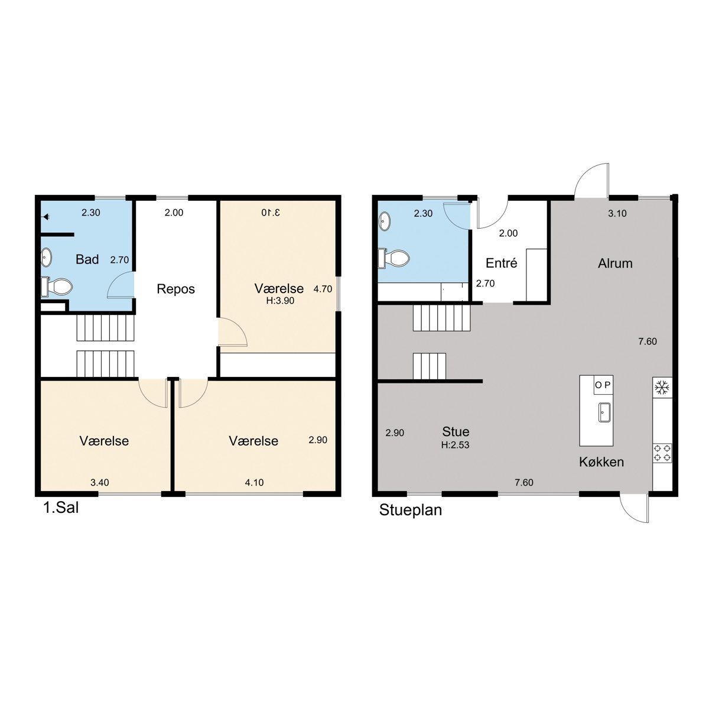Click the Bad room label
click(87, 259)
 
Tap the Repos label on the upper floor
click(175, 289)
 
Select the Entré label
click(501, 263)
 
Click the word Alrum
click(615, 264)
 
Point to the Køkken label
click(601, 462)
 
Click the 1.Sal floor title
click(61, 508)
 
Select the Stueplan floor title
click(410, 510)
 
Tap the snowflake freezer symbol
click(662, 388)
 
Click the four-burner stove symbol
click(662, 453)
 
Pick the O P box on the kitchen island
click(603, 385)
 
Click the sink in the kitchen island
click(604, 412)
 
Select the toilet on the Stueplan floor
click(393, 258)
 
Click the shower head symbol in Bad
click(46, 217)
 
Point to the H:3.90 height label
click(281, 301)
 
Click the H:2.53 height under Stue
click(455, 445)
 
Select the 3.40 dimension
click(100, 482)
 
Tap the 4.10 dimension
click(254, 482)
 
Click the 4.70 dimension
click(323, 289)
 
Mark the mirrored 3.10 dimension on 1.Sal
click(271, 212)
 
